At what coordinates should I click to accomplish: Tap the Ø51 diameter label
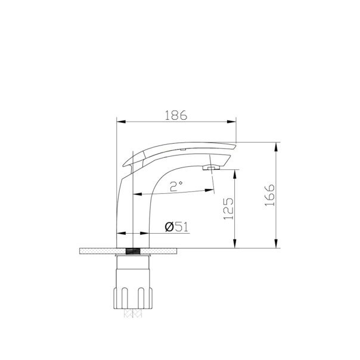(x=175, y=226)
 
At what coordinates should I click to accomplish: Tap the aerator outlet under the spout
(x=209, y=169)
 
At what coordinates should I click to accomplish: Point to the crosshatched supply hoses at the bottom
(x=135, y=315)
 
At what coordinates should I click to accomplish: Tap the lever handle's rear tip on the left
(x=125, y=163)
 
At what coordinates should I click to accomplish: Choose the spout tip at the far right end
(x=235, y=145)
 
